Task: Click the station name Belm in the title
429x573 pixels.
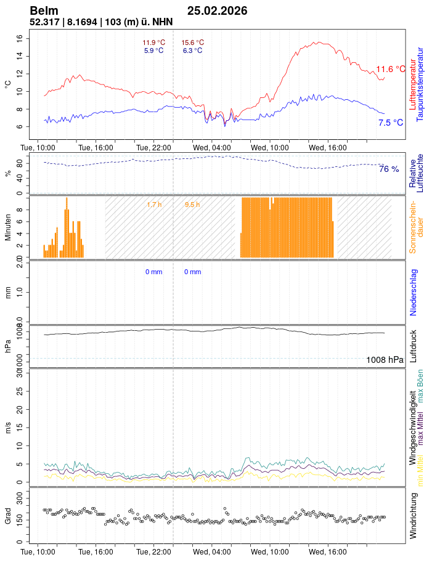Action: tap(44, 10)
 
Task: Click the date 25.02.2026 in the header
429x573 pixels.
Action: tap(217, 10)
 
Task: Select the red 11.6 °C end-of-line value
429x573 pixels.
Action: tap(391, 69)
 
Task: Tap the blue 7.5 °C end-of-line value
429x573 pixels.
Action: tap(391, 123)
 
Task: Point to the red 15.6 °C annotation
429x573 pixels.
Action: tap(192, 43)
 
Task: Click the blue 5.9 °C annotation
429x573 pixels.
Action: tap(153, 51)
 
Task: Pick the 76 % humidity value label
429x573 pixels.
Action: tap(389, 169)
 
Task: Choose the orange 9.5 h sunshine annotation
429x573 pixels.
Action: tap(192, 205)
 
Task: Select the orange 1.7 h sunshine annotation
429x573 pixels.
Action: tap(154, 205)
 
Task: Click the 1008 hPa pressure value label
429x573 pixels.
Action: tap(385, 360)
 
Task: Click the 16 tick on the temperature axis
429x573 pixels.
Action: tap(20, 38)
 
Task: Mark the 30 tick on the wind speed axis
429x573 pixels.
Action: tap(20, 373)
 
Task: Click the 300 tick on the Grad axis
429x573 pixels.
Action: tap(20, 496)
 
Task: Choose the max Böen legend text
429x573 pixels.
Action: tap(421, 386)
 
